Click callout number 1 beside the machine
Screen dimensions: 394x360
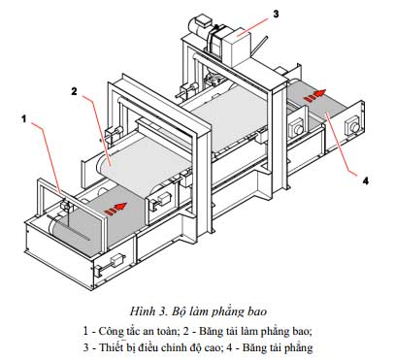23,119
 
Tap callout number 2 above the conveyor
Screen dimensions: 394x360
75,91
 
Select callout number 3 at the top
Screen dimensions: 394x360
276,14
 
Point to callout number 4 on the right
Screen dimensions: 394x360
366,181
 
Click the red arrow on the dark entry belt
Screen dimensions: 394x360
115,209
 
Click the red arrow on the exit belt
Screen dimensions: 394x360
314,95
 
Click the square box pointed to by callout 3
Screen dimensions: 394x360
239,47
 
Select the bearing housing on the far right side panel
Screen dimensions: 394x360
352,125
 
